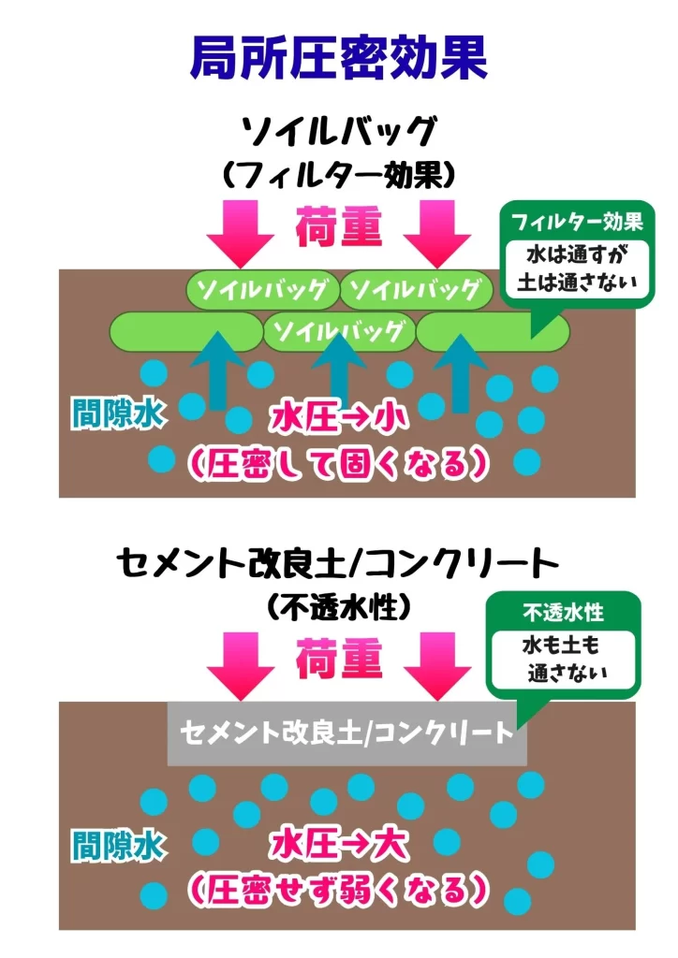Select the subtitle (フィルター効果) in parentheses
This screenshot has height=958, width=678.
click(339, 174)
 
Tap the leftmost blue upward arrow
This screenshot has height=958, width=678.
click(216, 370)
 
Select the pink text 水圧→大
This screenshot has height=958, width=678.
click(339, 846)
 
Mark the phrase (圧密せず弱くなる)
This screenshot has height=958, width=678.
click(339, 888)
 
